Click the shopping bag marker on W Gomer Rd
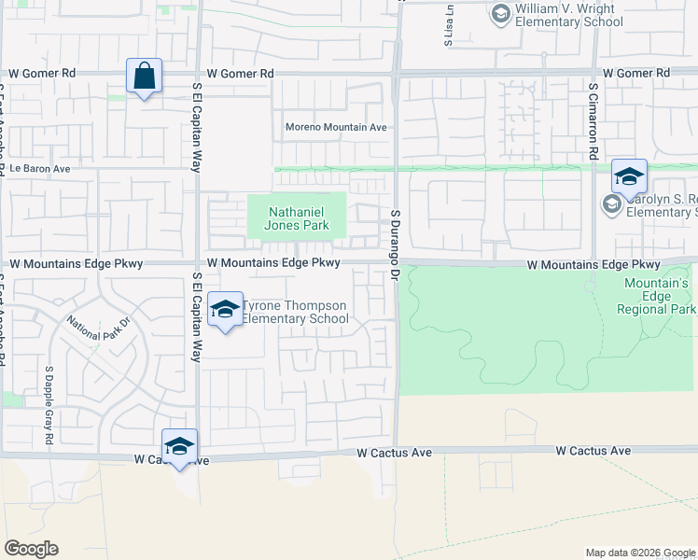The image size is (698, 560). (145, 77)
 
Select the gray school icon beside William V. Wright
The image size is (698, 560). (500, 14)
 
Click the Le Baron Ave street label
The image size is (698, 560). (41, 169)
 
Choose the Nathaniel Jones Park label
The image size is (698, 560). (297, 218)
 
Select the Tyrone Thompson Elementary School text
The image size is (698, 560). (294, 313)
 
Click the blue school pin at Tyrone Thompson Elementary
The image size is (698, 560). (225, 311)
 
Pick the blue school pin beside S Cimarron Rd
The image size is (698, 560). (629, 175)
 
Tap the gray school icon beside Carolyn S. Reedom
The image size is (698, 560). (612, 203)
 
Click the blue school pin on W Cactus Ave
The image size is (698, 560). (179, 446)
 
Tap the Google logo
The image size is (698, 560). (31, 549)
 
